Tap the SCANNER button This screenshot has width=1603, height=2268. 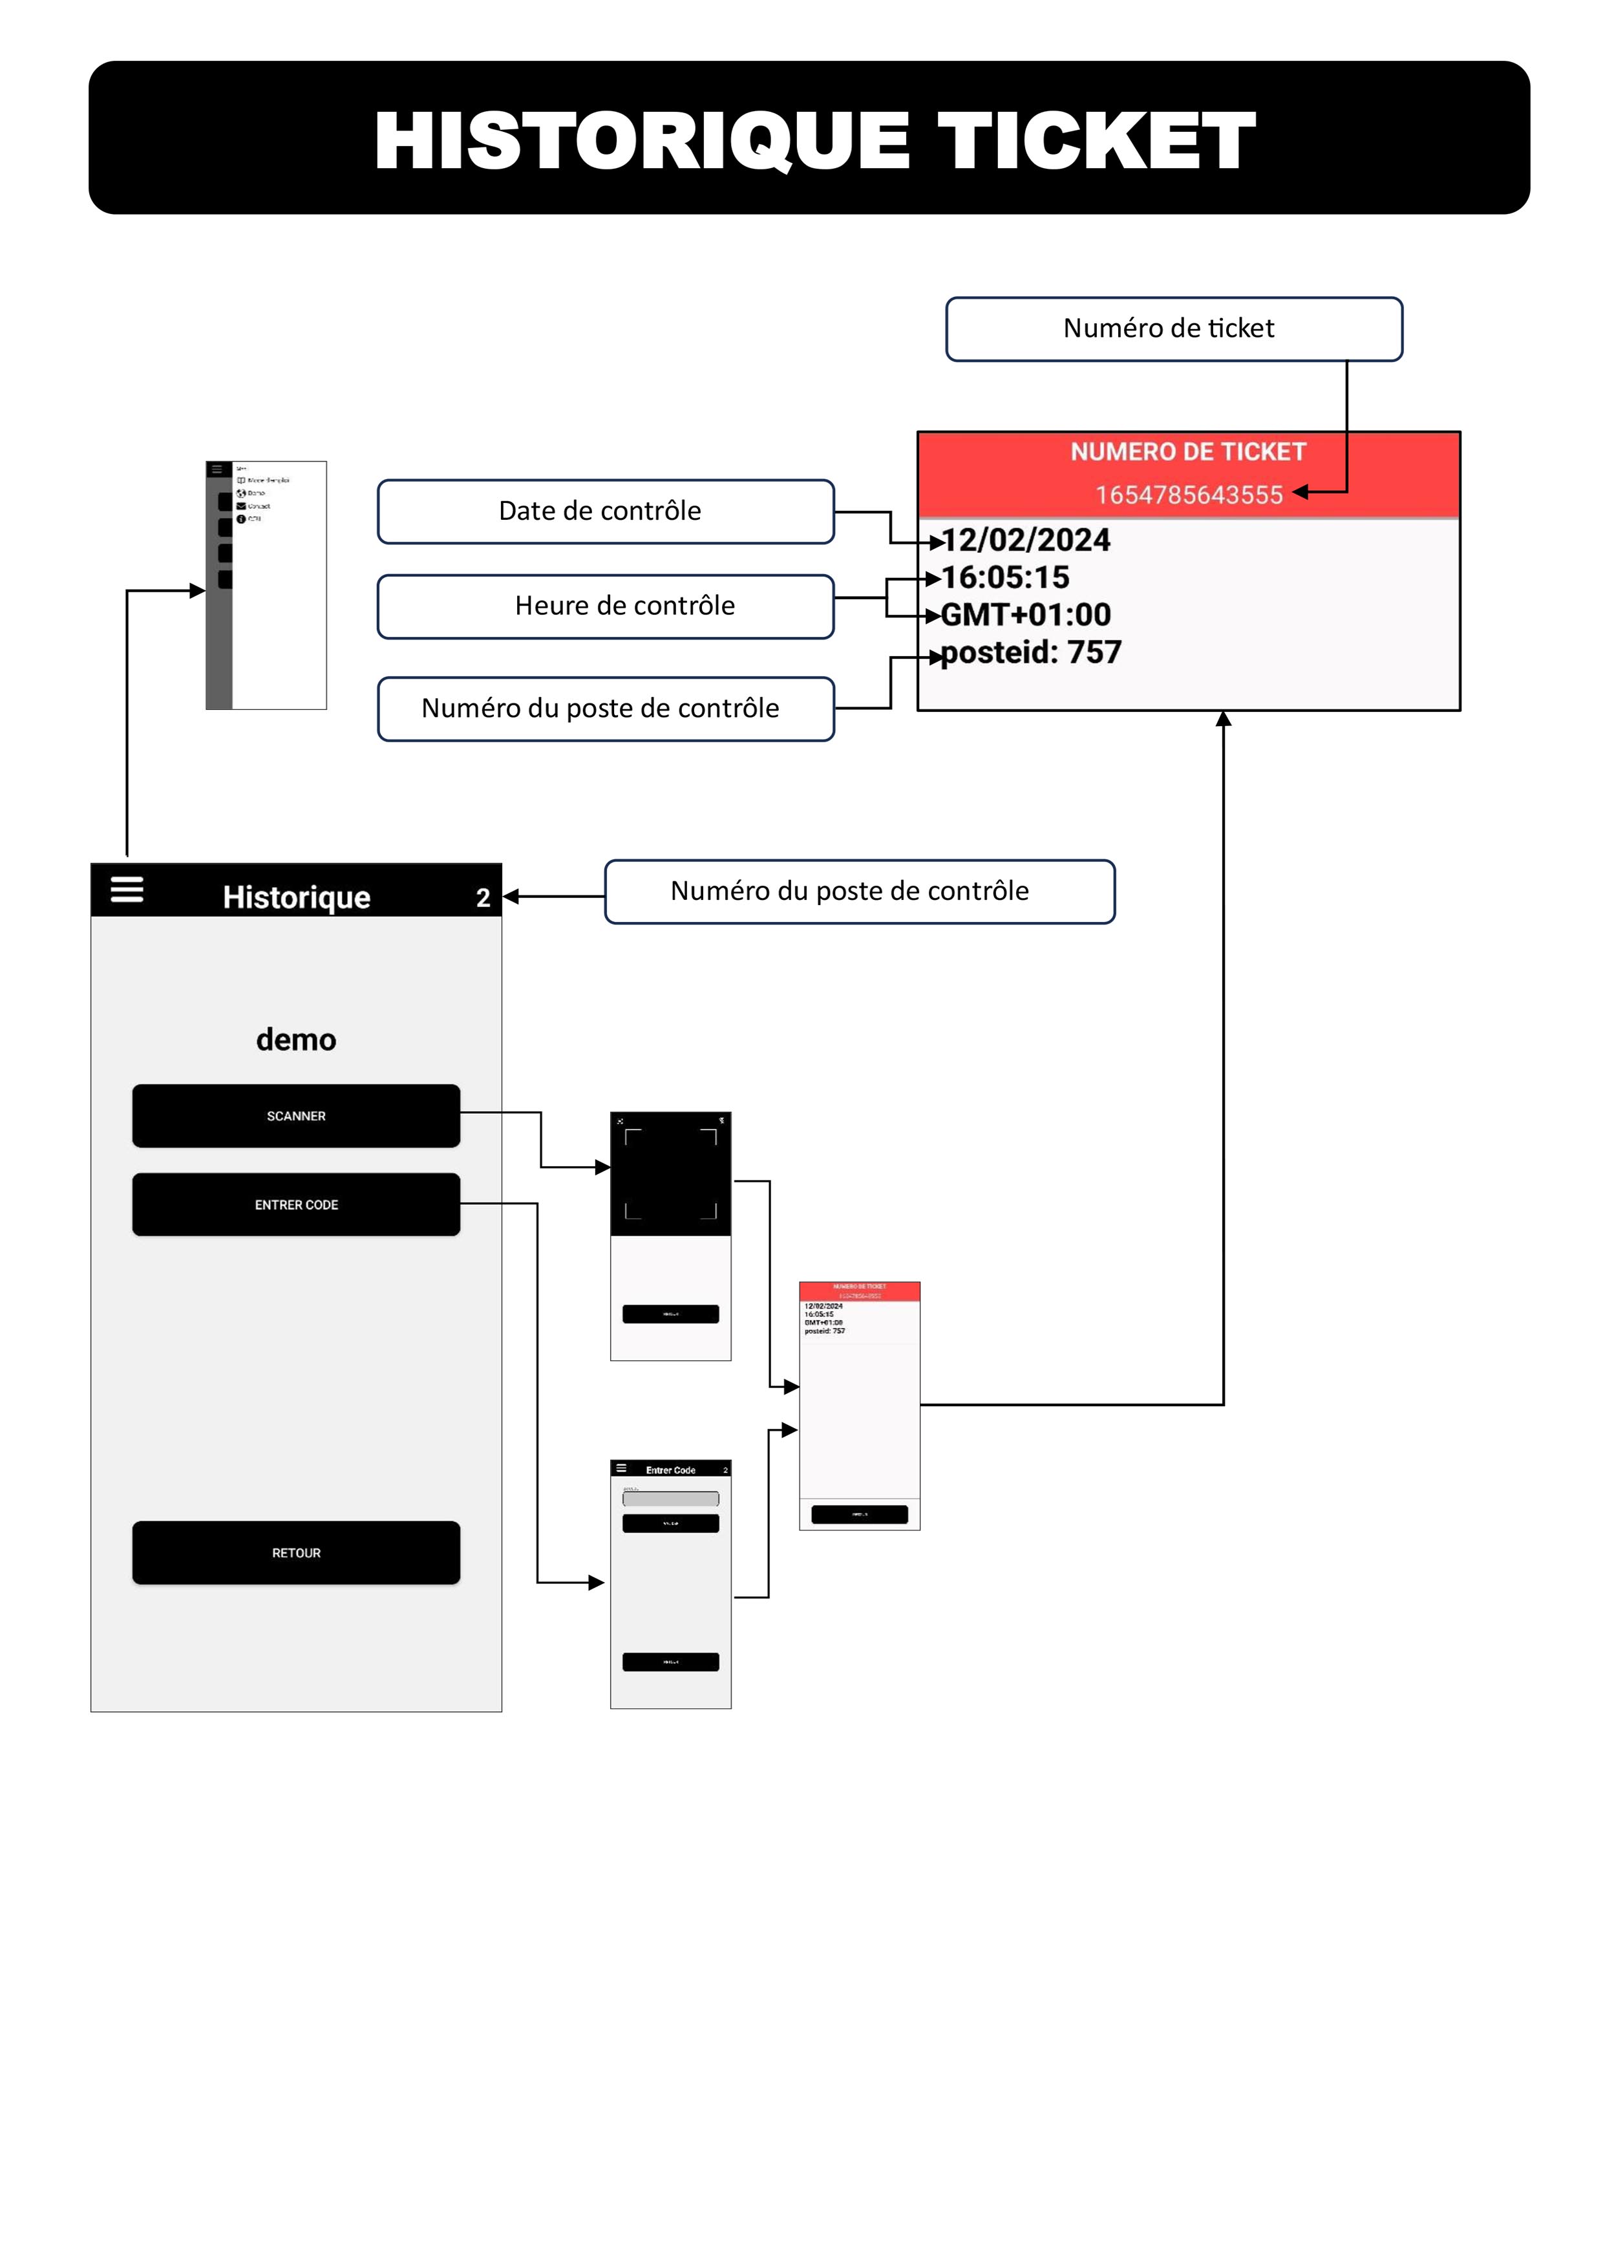click(295, 1115)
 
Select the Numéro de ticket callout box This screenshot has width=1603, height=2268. click(1173, 329)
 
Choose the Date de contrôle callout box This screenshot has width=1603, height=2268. click(606, 511)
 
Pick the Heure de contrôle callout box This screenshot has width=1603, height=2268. click(606, 606)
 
